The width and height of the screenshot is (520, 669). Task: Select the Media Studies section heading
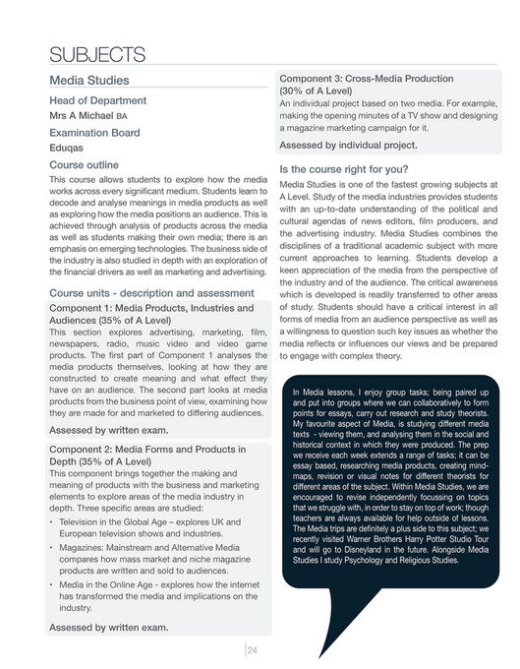tap(102, 80)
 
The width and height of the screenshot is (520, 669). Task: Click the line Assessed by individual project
tap(348, 146)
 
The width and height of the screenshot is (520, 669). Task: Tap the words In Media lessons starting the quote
tap(328, 395)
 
